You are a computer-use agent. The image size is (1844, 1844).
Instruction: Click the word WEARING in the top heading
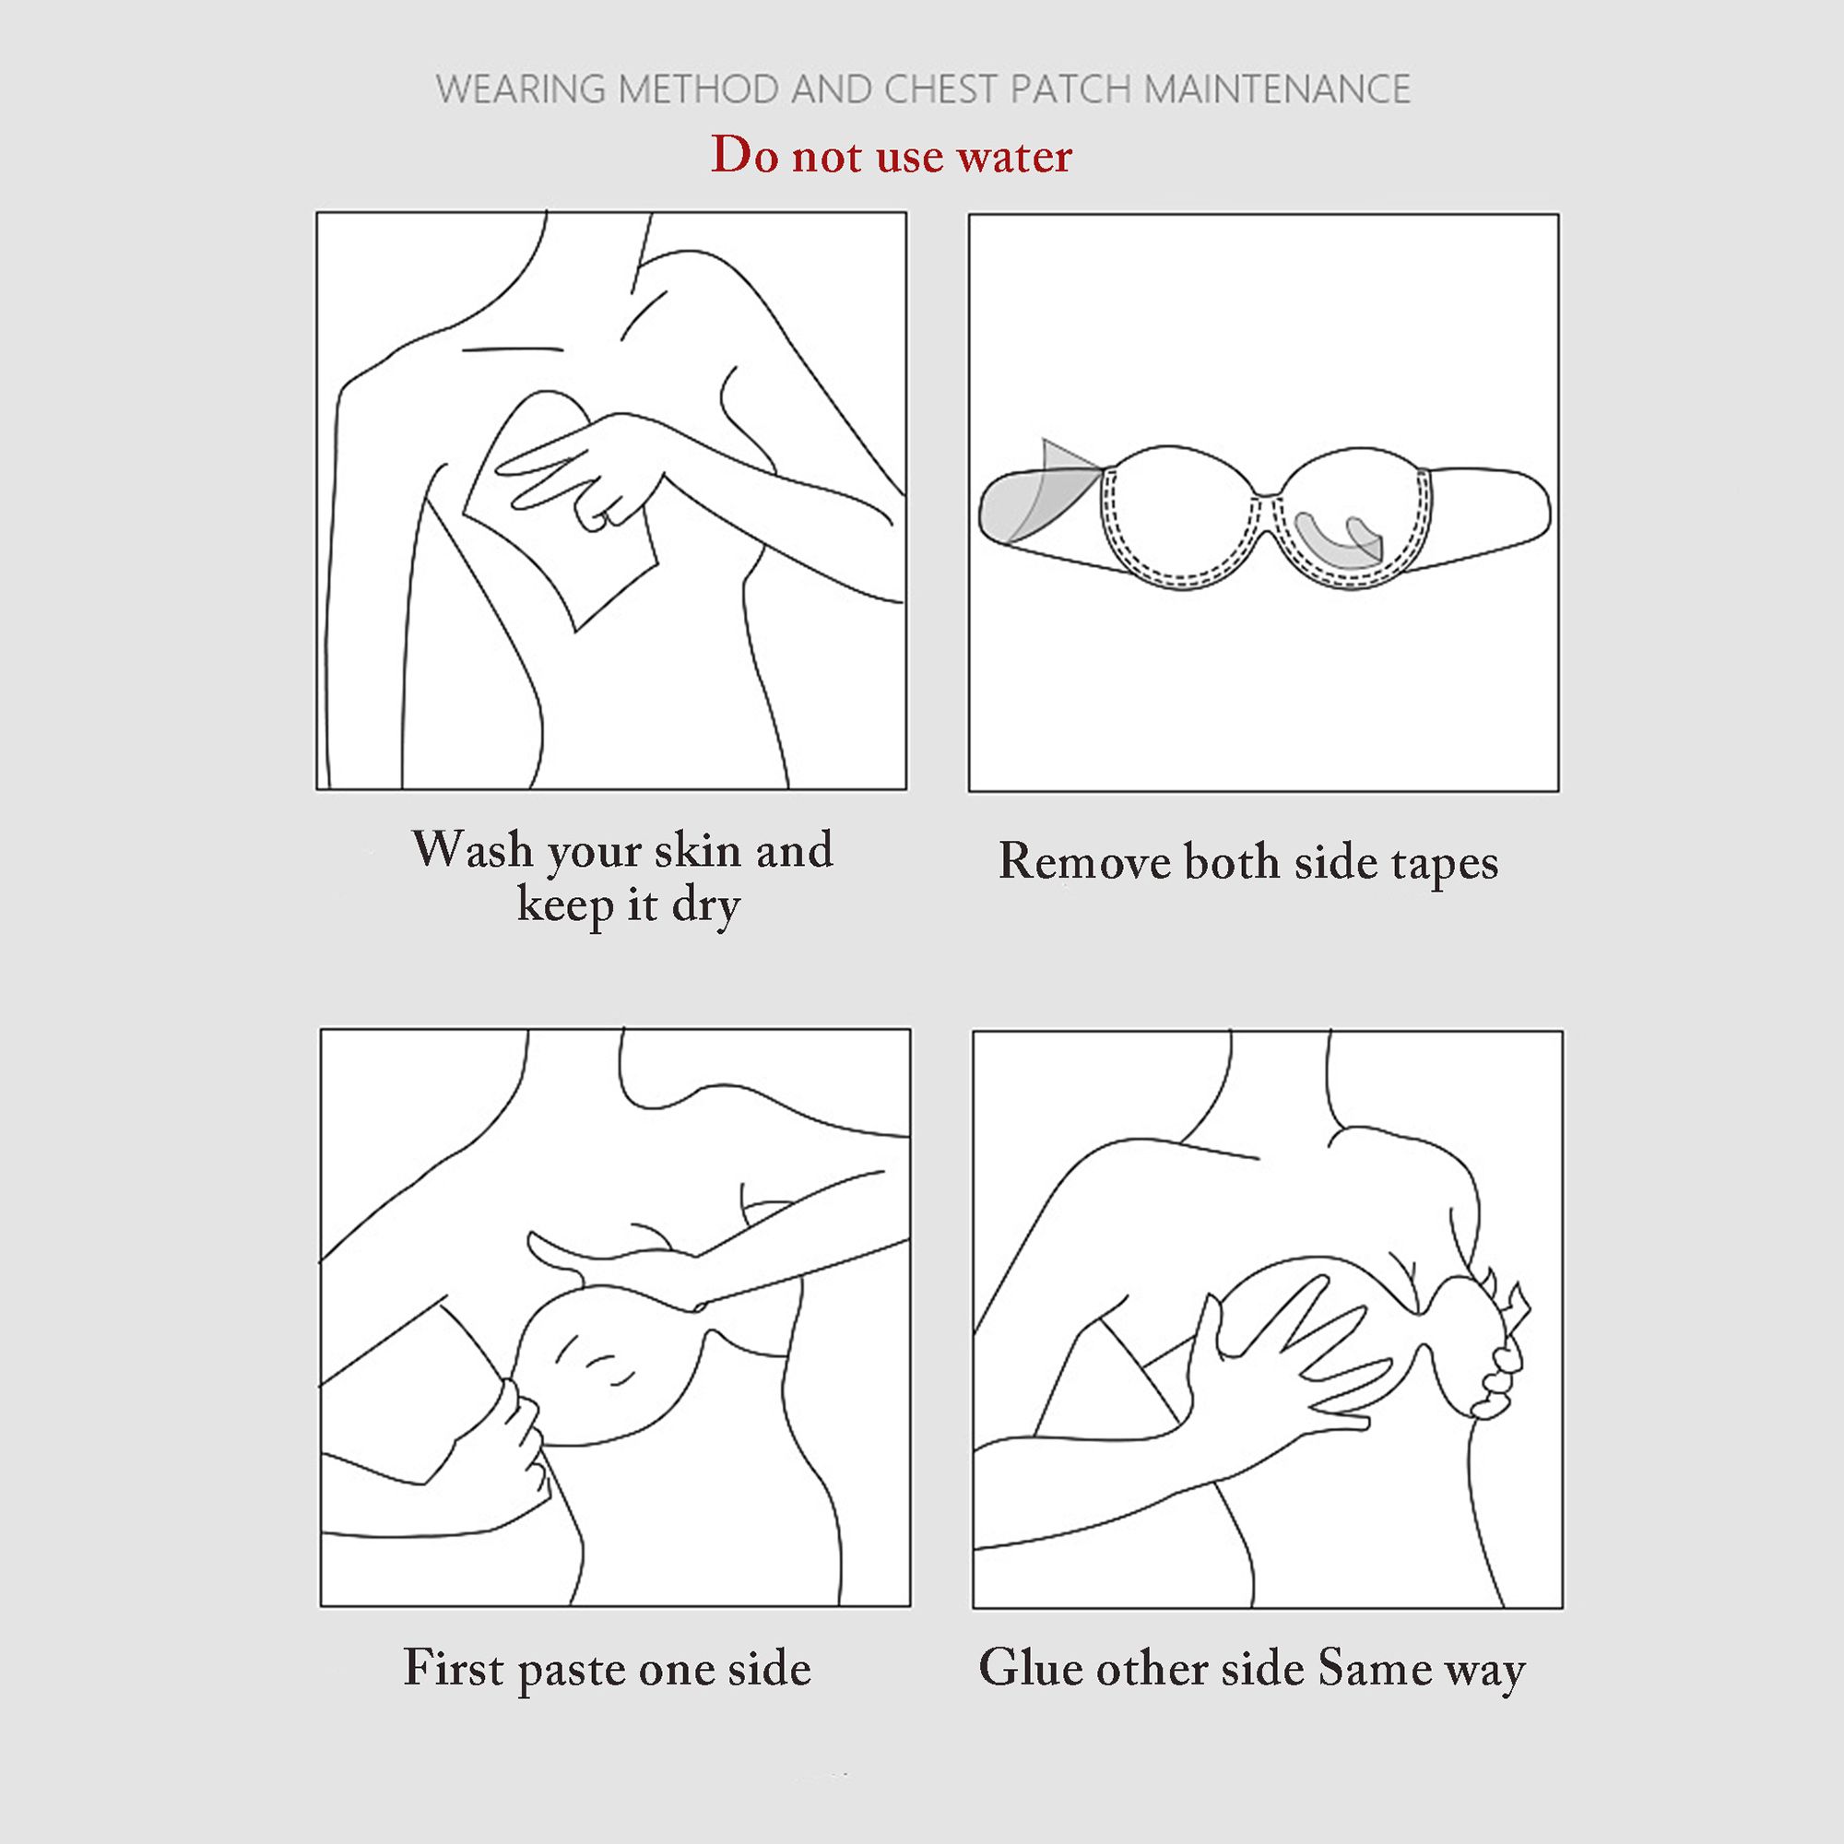point(521,89)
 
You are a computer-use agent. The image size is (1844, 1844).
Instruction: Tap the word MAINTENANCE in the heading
point(1277,89)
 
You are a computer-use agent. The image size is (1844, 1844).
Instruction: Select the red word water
point(1015,156)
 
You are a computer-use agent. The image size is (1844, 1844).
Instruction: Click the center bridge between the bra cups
point(1268,493)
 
